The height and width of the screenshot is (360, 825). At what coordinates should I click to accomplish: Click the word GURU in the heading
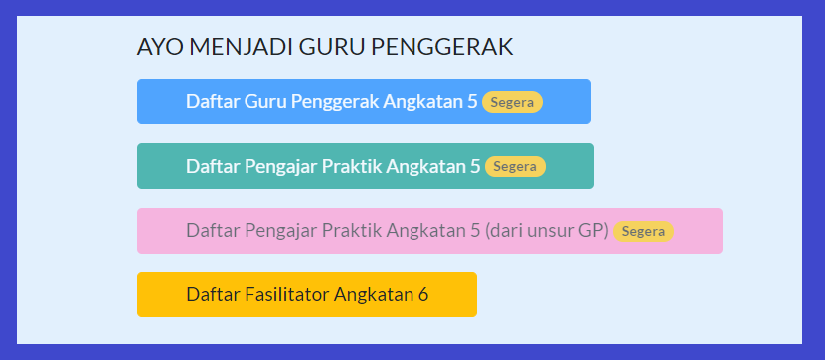click(x=329, y=47)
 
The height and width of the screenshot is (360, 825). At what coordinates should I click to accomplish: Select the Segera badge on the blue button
click(x=512, y=102)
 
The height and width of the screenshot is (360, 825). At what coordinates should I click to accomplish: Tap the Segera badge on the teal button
click(x=515, y=167)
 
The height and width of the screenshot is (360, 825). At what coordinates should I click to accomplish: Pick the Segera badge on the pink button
click(x=643, y=232)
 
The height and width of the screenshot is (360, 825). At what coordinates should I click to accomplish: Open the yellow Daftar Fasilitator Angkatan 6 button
click(x=306, y=295)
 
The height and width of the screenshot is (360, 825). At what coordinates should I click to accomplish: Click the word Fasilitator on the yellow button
click(x=287, y=295)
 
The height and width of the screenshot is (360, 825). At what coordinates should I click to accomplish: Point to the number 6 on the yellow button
click(x=422, y=295)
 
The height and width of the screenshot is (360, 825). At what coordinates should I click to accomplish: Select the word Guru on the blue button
click(x=265, y=101)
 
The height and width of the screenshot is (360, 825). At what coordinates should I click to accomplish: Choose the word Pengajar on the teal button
click(x=281, y=166)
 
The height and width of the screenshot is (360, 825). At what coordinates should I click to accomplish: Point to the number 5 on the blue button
click(x=472, y=101)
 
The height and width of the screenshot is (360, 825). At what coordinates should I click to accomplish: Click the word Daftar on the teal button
click(x=213, y=166)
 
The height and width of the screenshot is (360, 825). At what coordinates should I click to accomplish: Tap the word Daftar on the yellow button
click(x=213, y=295)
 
